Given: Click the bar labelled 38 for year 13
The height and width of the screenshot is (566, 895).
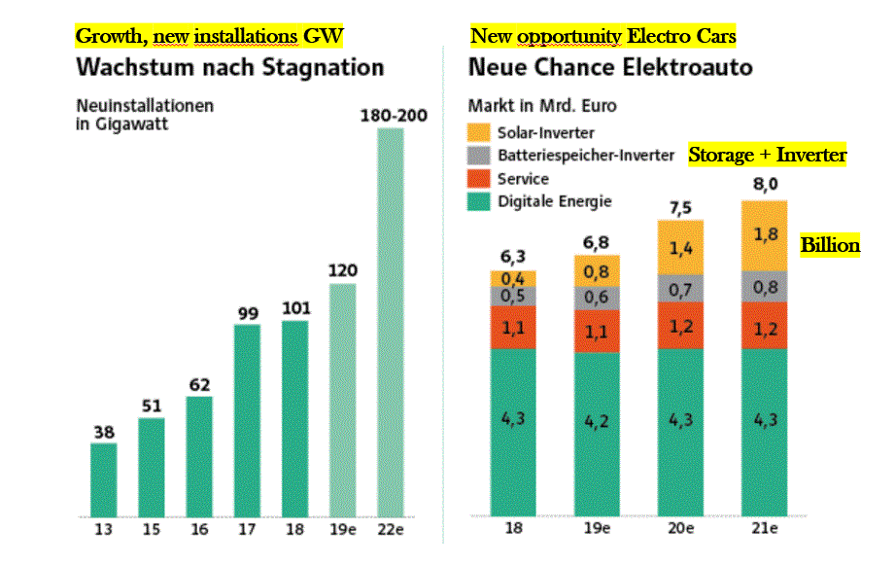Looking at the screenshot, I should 103,479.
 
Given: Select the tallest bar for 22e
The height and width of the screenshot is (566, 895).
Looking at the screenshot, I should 391,321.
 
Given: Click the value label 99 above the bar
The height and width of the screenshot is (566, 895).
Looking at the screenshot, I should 247,311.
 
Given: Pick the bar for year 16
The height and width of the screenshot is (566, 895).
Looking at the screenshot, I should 199,455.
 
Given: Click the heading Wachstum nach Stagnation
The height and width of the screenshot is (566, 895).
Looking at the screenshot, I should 229,68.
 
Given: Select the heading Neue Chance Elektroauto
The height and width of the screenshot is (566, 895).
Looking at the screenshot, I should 610,68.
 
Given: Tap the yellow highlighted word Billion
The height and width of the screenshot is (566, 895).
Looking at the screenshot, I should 830,245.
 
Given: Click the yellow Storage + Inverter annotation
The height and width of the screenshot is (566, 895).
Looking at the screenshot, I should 768,155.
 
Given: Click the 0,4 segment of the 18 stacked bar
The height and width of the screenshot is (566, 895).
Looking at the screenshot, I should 512,278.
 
